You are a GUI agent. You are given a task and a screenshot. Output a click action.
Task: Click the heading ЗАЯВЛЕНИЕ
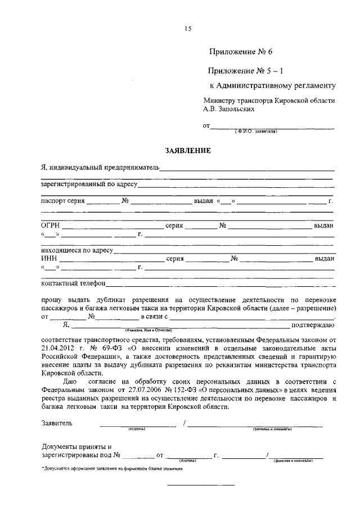point(188,151)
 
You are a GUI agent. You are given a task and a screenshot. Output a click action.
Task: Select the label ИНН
point(49,259)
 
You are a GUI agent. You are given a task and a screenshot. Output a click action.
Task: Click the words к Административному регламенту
point(272,86)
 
